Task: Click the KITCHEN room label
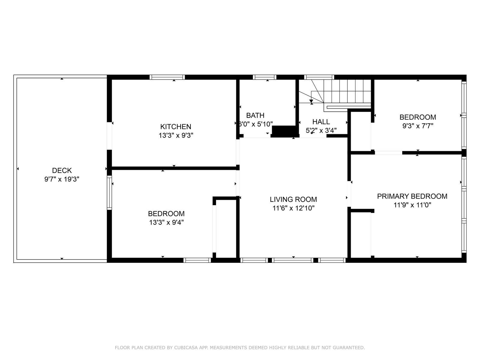tap(175, 127)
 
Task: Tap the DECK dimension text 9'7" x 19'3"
tap(62, 179)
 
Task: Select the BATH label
tap(255, 115)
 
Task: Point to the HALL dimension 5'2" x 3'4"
tap(321, 130)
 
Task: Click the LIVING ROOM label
tap(293, 199)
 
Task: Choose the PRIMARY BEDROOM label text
tap(412, 196)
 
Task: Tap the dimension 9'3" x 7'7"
tap(418, 126)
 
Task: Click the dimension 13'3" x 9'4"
tap(166, 222)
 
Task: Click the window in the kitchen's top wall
tap(167, 77)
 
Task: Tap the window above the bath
tap(264, 77)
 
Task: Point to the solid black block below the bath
tap(284, 131)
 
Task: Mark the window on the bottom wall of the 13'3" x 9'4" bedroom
tap(197, 260)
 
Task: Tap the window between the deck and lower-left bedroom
tap(109, 192)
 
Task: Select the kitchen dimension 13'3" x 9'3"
tap(175, 135)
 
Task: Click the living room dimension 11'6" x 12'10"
tap(293, 208)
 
